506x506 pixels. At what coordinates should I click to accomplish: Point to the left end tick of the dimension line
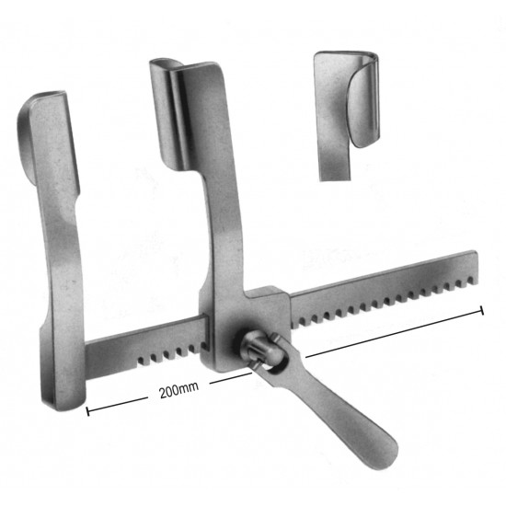point(87,411)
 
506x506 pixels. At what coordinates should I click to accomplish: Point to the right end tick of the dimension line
point(482,310)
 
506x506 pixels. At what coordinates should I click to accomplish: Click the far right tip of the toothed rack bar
point(477,267)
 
